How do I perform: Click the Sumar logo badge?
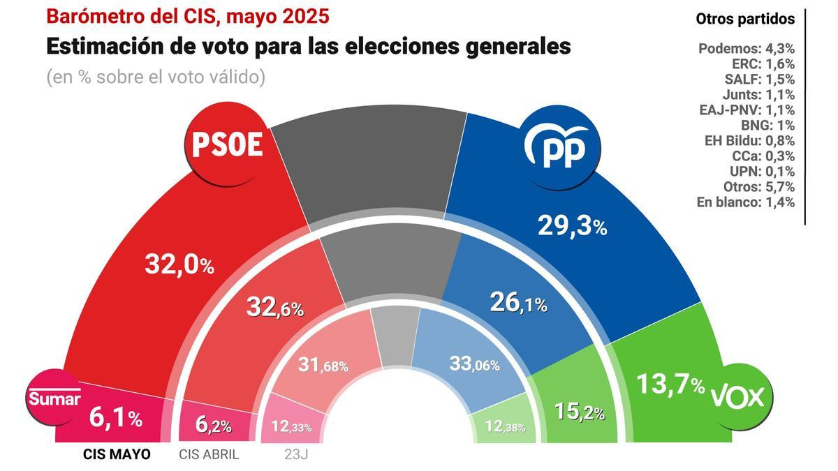click(54, 398)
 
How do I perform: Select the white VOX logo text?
click(737, 397)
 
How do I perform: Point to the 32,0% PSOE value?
click(179, 264)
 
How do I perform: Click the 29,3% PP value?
click(572, 225)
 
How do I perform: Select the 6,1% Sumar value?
click(115, 418)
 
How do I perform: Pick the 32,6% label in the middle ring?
click(274, 307)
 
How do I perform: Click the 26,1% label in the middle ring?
click(517, 303)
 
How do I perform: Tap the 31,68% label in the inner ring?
click(323, 365)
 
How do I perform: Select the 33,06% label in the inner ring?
click(474, 364)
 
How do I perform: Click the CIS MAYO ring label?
click(117, 454)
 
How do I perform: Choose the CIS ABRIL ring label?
click(209, 454)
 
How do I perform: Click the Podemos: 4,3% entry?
click(746, 49)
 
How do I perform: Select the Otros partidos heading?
click(745, 19)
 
